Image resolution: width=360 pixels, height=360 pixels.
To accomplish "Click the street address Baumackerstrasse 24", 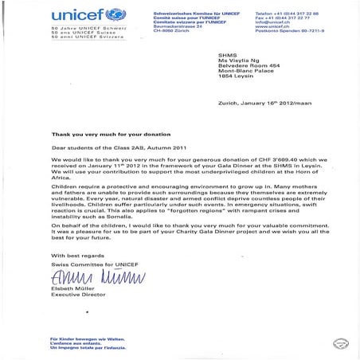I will pos(175,23).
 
